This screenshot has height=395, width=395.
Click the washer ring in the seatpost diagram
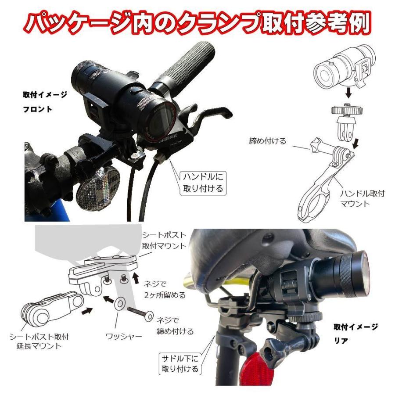(119, 305)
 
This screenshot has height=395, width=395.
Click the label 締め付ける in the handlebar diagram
(267, 141)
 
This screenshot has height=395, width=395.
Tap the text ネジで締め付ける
(175, 326)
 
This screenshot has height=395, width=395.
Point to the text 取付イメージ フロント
(45, 102)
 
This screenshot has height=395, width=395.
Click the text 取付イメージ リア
(355, 333)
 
